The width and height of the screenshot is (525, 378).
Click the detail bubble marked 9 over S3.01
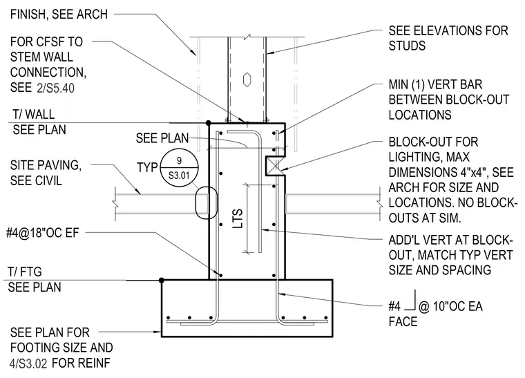tap(179, 167)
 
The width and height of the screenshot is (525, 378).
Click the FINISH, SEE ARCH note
tap(59, 15)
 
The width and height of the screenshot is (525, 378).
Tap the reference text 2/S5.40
tap(55, 88)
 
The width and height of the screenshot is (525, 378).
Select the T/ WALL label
tap(33, 115)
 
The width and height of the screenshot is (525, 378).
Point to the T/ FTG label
tap(25, 272)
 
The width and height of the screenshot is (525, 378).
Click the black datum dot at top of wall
tap(208, 123)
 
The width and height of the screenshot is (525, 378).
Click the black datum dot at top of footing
tap(162, 280)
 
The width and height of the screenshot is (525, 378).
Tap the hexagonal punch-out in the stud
tap(247, 79)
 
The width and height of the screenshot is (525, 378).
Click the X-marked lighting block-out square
tap(275, 166)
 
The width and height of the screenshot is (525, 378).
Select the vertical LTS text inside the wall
tap(238, 218)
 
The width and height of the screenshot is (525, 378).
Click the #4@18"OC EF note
tap(43, 233)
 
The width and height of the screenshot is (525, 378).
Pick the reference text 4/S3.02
tap(28, 363)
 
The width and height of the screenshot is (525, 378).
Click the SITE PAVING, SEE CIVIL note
tap(46, 173)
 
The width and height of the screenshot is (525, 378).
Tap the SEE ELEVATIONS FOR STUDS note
tap(448, 38)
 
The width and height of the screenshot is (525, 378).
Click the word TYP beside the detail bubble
tap(147, 167)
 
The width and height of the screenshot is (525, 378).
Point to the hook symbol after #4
tap(410, 300)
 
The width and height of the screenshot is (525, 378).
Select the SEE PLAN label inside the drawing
tap(162, 138)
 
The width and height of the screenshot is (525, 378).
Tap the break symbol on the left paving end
tap(115, 203)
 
